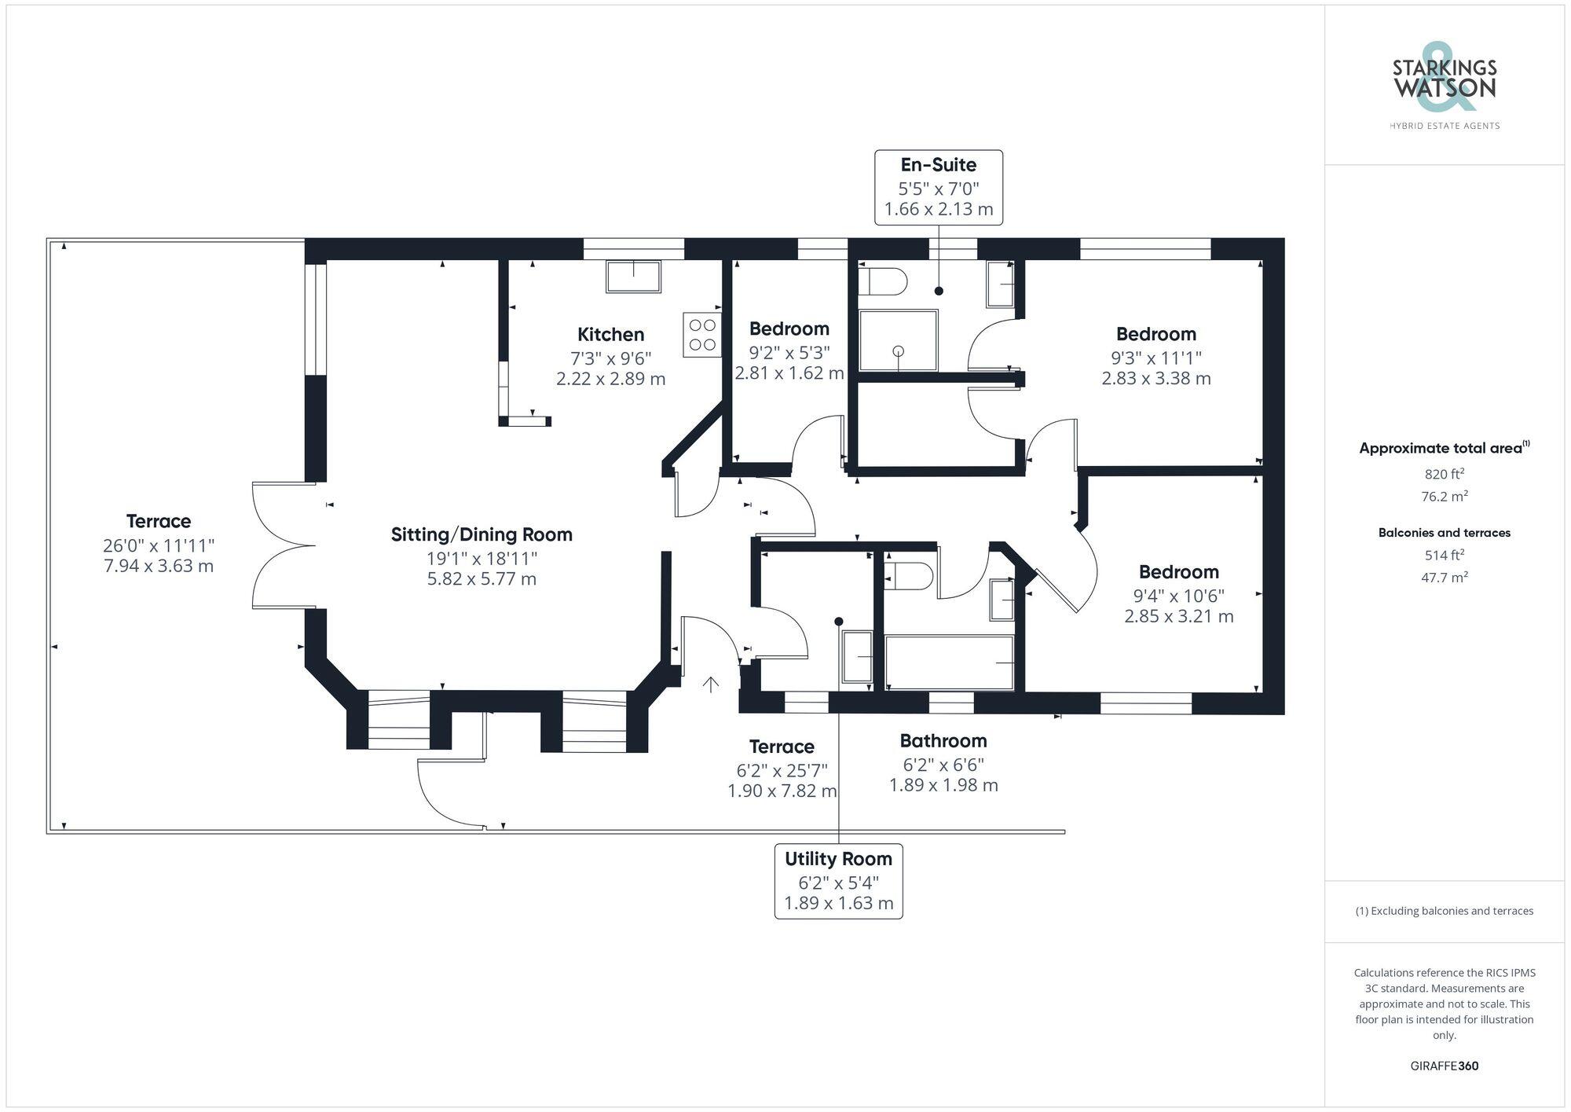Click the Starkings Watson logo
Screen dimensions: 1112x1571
1444,86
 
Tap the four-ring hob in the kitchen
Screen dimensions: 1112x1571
701,335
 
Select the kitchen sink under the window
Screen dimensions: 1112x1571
633,277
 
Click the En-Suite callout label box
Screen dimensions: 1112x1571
939,187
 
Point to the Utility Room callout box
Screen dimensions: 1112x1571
838,881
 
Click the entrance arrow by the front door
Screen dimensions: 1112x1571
710,684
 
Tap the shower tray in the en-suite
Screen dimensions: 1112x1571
898,340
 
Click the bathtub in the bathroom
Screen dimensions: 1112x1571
949,662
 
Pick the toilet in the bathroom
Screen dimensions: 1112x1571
908,576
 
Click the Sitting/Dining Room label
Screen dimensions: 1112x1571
482,534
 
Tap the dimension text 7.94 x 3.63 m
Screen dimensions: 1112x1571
159,566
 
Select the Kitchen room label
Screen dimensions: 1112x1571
610,334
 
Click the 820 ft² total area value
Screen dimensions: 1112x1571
1444,474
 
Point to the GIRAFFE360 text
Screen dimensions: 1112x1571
1444,1066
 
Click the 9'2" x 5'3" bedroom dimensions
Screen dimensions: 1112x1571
789,352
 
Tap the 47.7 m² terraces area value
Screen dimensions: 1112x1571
1444,577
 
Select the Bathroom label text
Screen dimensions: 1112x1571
943,740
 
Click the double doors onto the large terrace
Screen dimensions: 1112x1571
283,545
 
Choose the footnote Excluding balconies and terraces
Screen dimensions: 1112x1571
1444,911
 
